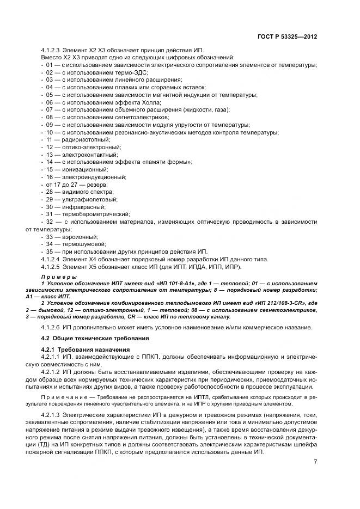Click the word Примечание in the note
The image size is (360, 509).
(x=62, y=398)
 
